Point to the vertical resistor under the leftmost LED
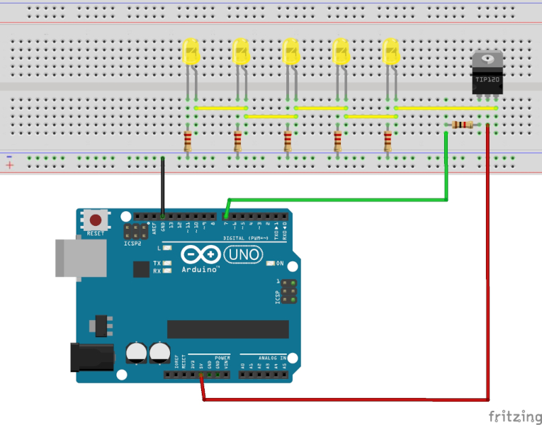click(x=188, y=142)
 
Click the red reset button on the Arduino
click(x=94, y=220)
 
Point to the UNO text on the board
click(x=244, y=254)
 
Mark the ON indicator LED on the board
click(x=271, y=264)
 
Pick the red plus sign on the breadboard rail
click(x=9, y=165)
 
